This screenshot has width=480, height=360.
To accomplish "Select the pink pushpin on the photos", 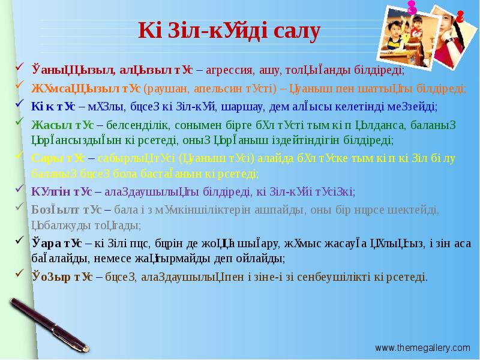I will (412, 7).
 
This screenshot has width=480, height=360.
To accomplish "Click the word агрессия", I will (230, 70).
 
